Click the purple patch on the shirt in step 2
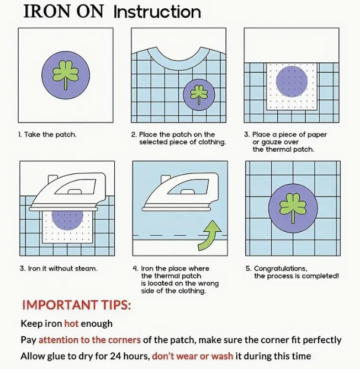(x=199, y=95)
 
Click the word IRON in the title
(x=46, y=12)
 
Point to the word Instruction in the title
(x=157, y=12)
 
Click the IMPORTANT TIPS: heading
(x=76, y=305)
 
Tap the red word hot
(x=71, y=323)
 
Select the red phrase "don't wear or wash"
(x=193, y=356)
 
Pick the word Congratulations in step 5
(x=280, y=269)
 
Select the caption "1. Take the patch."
(x=47, y=135)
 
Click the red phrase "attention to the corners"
(x=89, y=340)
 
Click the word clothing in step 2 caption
(x=211, y=142)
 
